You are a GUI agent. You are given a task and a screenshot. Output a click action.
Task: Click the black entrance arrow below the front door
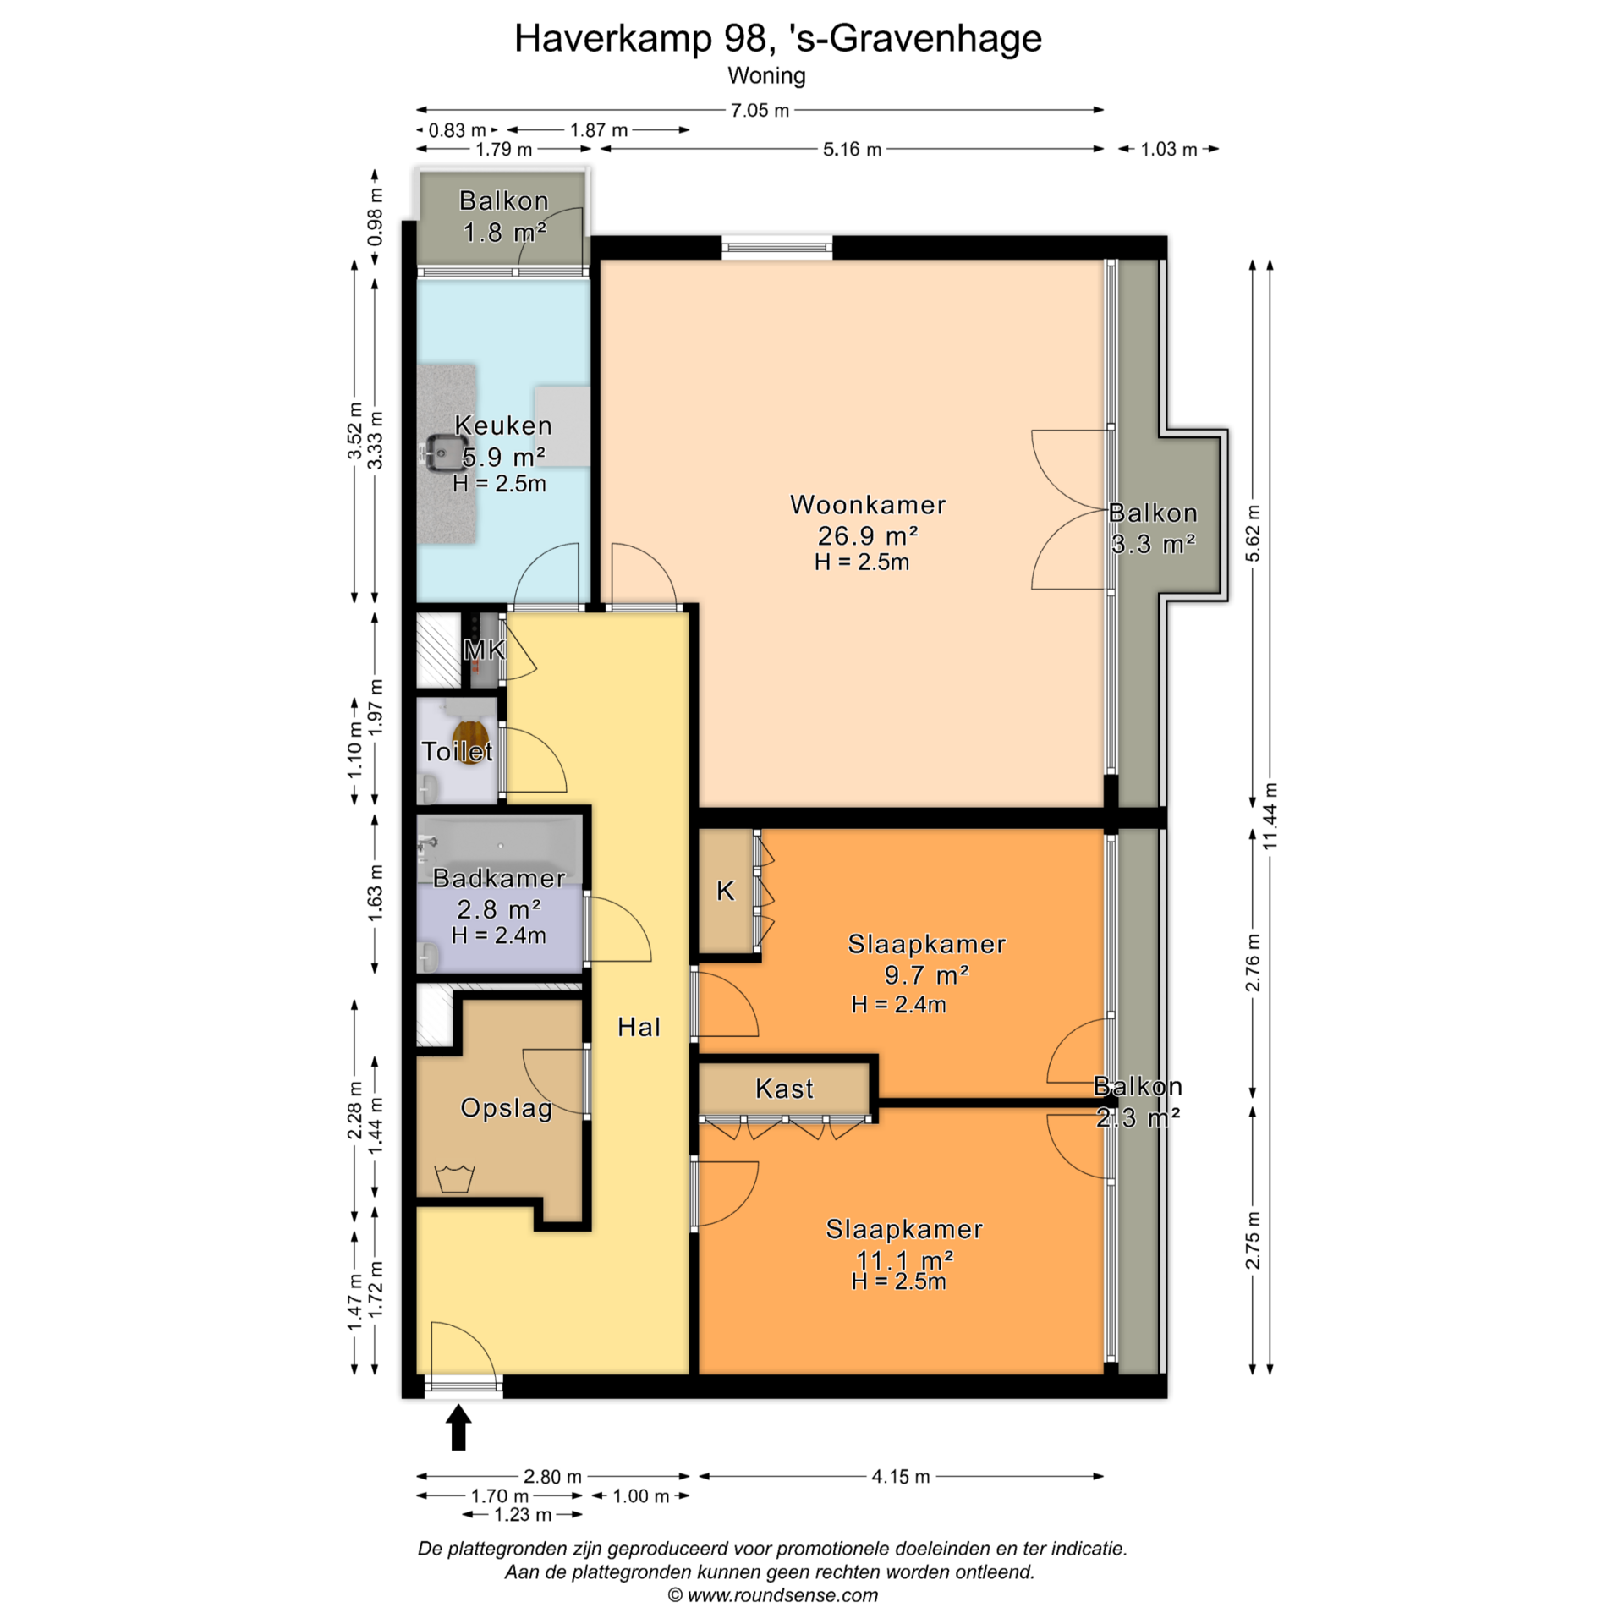pyautogui.click(x=458, y=1427)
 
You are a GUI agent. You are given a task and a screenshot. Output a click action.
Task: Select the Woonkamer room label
pyautogui.click(x=868, y=505)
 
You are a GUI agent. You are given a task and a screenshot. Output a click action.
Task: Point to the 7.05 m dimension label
pyautogui.click(x=760, y=110)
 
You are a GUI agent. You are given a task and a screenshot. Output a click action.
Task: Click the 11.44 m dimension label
pyautogui.click(x=1270, y=816)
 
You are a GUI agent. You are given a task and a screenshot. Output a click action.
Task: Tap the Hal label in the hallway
pyautogui.click(x=639, y=1027)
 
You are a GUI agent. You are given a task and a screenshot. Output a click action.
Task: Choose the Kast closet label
pyautogui.click(x=784, y=1088)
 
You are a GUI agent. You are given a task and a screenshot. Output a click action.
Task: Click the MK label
pyautogui.click(x=484, y=650)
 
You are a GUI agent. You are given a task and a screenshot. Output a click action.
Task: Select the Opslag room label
pyautogui.click(x=506, y=1108)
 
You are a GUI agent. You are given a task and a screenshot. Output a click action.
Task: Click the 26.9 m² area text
pyautogui.click(x=868, y=535)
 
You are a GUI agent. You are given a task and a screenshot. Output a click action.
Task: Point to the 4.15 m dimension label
pyautogui.click(x=901, y=1477)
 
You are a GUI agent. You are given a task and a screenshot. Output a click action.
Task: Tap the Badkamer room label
pyautogui.click(x=499, y=878)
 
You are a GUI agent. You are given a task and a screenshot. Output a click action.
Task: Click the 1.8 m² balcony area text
pyautogui.click(x=505, y=232)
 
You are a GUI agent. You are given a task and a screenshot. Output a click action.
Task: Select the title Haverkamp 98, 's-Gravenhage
pyautogui.click(x=778, y=38)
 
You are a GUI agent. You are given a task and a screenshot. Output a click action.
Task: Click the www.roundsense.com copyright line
pyautogui.click(x=773, y=1595)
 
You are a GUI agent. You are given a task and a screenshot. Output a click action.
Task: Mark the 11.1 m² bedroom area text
pyautogui.click(x=905, y=1260)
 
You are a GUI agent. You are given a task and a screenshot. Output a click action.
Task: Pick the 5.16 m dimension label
pyautogui.click(x=853, y=150)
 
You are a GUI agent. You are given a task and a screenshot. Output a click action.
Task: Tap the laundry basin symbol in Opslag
pyautogui.click(x=454, y=1178)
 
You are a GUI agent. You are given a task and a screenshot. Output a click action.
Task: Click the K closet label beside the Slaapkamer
pyautogui.click(x=726, y=891)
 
